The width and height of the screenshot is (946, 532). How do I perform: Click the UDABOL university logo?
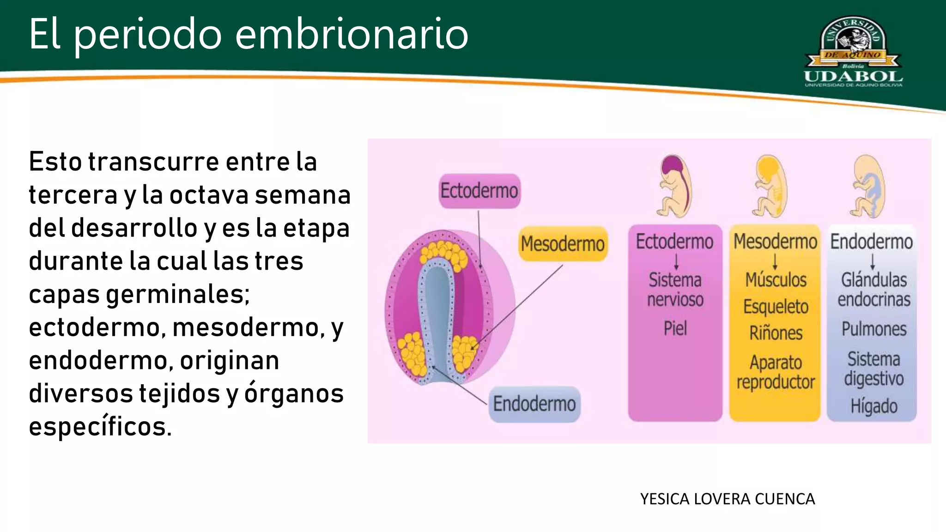(853, 52)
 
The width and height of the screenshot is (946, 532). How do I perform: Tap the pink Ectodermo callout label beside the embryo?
(479, 191)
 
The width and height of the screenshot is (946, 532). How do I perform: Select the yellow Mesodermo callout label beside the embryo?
(562, 243)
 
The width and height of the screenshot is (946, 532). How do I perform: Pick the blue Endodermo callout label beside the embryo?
(534, 404)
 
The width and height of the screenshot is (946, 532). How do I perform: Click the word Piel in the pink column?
(675, 328)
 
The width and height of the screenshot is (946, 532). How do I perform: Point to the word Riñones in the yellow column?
(776, 333)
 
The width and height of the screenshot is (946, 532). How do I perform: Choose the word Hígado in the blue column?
(873, 406)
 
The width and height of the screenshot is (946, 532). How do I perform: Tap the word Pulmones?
(873, 329)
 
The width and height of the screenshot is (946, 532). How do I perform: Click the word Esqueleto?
(776, 307)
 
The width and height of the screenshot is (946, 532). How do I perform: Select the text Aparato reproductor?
(776, 372)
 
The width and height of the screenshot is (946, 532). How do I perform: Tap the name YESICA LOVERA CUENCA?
(727, 499)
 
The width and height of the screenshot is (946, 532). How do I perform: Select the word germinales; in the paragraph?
(178, 294)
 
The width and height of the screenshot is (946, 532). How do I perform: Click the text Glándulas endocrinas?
(873, 290)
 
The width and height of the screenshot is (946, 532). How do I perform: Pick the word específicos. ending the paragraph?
(100, 426)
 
